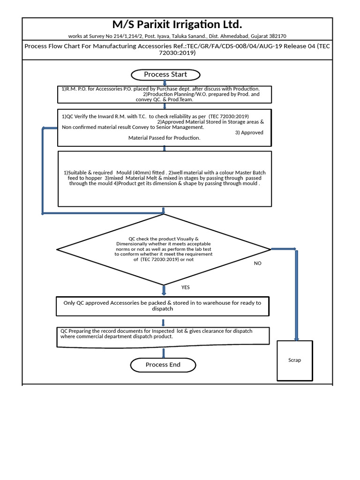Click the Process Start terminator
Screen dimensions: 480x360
165,75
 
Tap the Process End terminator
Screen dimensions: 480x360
163,365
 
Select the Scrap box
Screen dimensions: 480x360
295,360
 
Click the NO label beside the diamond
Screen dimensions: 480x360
258,263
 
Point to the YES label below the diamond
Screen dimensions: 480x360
186,287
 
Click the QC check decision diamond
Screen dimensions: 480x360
164,249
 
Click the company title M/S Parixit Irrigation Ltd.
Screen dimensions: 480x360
177,25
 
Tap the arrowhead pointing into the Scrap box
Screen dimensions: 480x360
296,337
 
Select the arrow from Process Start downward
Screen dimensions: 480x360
165,83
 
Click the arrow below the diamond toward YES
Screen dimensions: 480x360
164,291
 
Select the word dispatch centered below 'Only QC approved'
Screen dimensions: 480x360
163,309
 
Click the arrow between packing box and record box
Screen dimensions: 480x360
164,322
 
